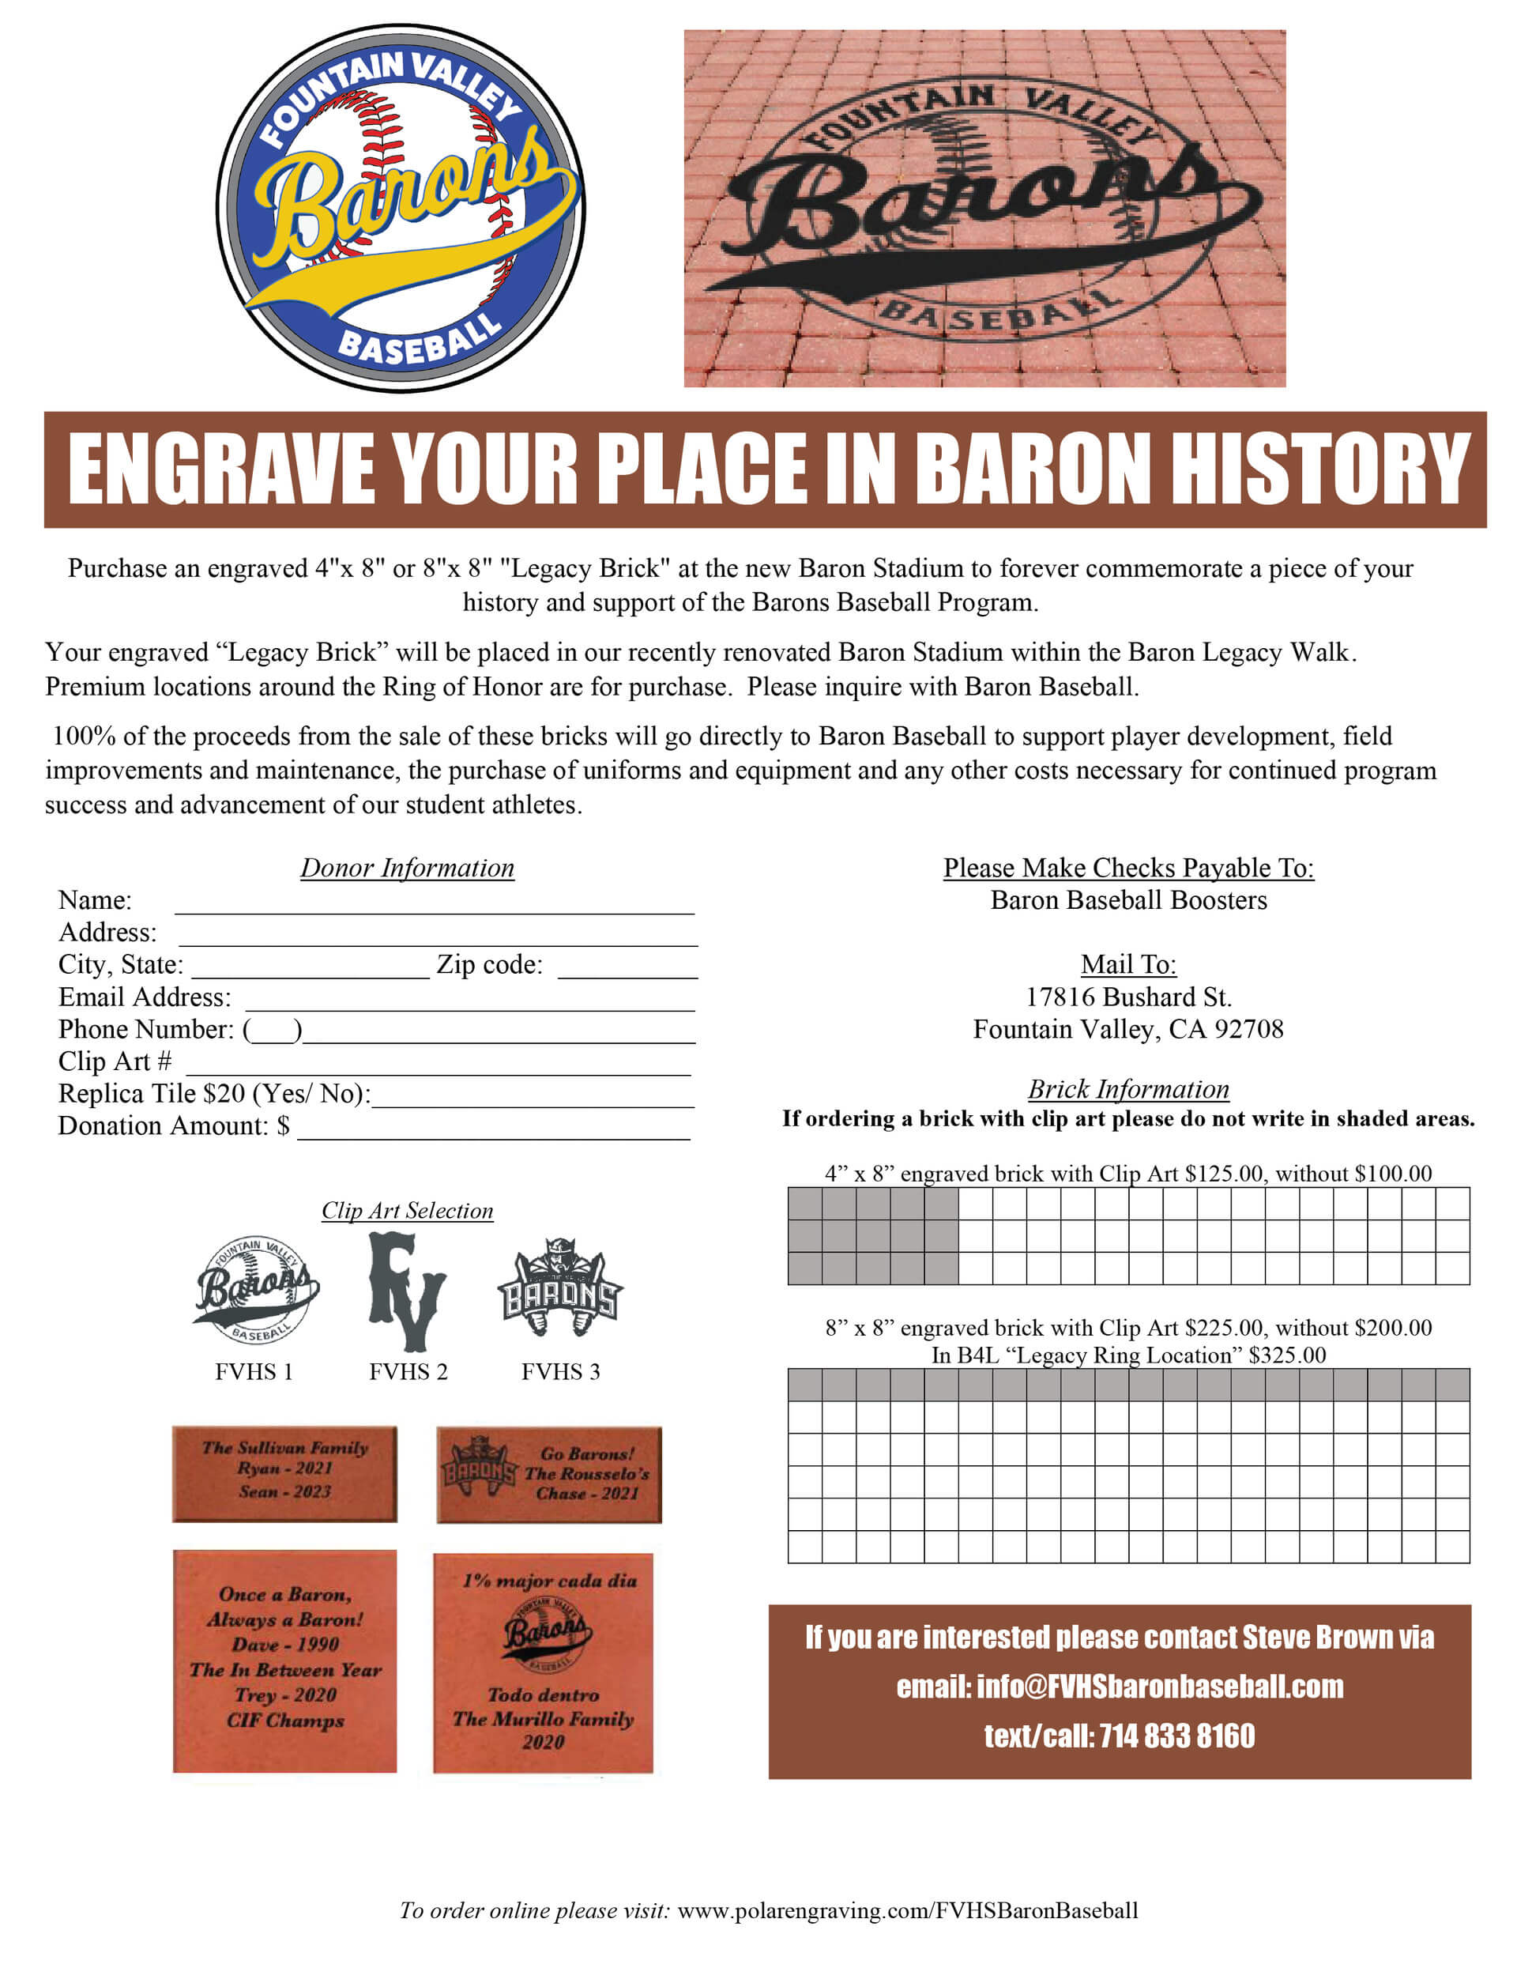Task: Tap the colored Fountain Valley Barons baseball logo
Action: (400, 209)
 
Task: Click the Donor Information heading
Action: (406, 868)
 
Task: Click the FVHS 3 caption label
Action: (560, 1371)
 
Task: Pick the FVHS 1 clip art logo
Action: (255, 1291)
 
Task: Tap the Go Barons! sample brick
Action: (548, 1474)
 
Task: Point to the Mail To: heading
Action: (1127, 964)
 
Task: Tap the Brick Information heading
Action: (1127, 1089)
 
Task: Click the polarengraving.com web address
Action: (907, 1910)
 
